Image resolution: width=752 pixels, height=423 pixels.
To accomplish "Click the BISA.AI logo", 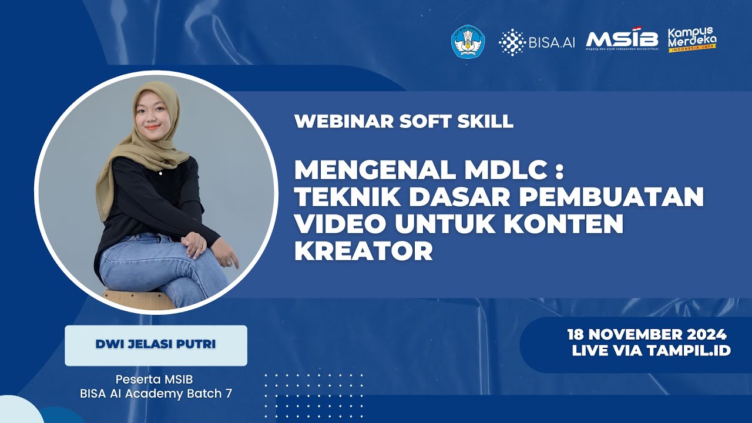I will coord(536,41).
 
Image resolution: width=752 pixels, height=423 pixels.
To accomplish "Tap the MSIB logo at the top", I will coord(622,40).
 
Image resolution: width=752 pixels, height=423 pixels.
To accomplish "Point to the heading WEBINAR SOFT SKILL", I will coord(404,121).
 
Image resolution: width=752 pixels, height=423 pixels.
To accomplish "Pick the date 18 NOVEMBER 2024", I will coord(647,335).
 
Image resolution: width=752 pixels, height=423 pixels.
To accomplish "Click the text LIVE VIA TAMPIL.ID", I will coord(651,351).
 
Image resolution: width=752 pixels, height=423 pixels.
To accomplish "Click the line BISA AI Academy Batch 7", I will coord(156,394).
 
